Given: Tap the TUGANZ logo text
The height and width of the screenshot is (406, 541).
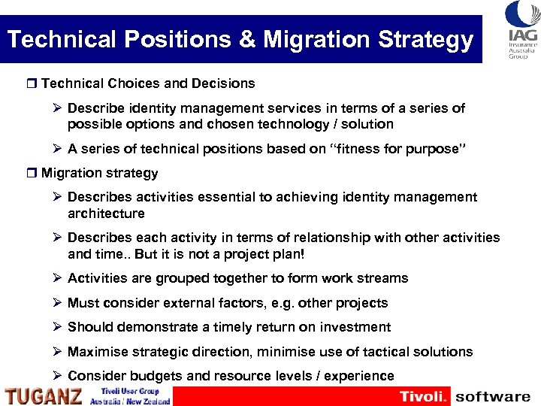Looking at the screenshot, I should [x=43, y=395].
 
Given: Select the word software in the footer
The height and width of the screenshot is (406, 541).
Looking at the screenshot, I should [x=493, y=396].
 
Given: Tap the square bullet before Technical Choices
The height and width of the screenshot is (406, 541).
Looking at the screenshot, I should [x=32, y=83].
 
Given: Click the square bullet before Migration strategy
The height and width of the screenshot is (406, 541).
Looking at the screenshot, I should [x=32, y=173].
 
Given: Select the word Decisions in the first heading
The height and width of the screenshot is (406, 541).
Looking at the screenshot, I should [x=222, y=83].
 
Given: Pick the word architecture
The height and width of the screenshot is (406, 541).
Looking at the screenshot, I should [x=106, y=214].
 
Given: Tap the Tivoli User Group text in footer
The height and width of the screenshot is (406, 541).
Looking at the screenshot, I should [x=129, y=391].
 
